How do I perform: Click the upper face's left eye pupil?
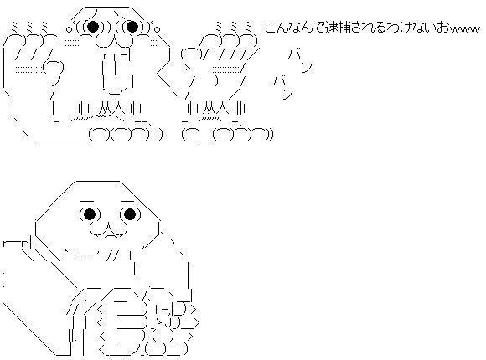click(x=93, y=27)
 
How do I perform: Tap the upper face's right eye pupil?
click(x=132, y=27)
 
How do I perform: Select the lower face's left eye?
click(x=90, y=214)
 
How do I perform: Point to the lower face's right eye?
click(x=130, y=214)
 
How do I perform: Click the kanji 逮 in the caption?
click(x=332, y=28)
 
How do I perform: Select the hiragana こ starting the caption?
click(x=271, y=28)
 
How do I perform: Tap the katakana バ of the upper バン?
click(x=293, y=54)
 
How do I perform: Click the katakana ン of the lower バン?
click(x=287, y=94)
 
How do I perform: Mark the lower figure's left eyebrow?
click(x=88, y=202)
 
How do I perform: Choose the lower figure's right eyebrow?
click(x=127, y=202)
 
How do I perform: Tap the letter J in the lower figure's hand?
click(x=168, y=322)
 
